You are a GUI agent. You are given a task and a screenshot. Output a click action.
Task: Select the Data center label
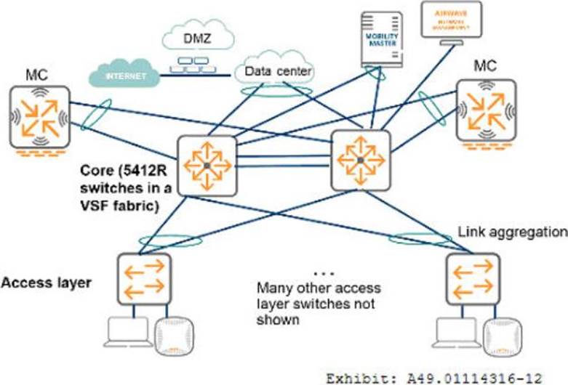pos(279,71)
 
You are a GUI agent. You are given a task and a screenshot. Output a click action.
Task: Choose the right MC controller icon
pos(487,108)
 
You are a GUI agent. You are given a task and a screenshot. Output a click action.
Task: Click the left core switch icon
pos(207,166)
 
